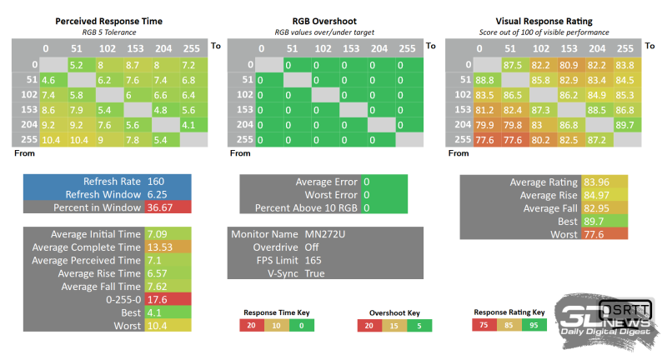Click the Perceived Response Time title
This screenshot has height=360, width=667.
click(x=108, y=20)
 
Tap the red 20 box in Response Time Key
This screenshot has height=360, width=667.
click(x=250, y=325)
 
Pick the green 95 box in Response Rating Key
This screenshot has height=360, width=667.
click(x=534, y=324)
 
